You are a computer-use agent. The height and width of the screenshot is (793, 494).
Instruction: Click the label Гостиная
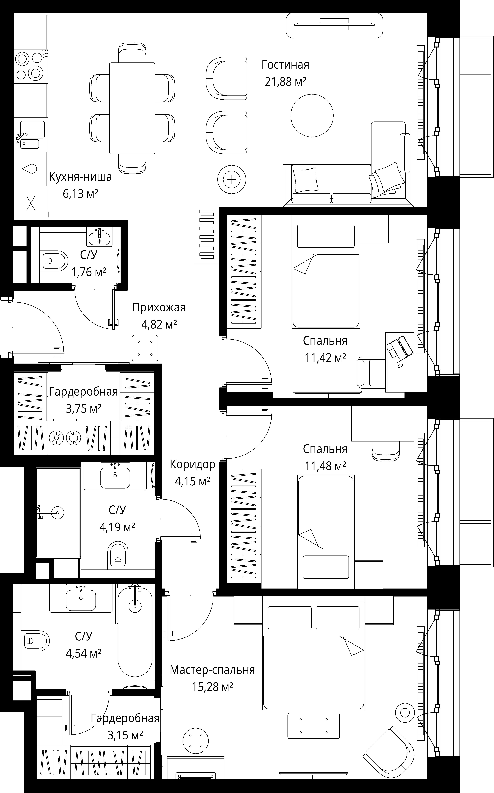tap(285, 65)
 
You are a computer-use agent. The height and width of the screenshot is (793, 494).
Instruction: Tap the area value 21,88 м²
tap(285, 82)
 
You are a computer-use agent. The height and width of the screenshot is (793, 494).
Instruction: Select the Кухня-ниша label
tap(80, 177)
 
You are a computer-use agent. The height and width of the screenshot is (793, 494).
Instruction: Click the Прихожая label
tap(159, 308)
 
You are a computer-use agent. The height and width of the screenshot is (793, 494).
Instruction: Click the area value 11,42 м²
tap(325, 358)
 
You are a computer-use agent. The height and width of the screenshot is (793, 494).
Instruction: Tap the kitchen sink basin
tap(32, 130)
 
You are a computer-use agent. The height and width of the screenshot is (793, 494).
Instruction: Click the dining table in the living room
tap(132, 108)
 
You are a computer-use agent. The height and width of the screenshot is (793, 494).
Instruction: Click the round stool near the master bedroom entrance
tap(196, 740)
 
